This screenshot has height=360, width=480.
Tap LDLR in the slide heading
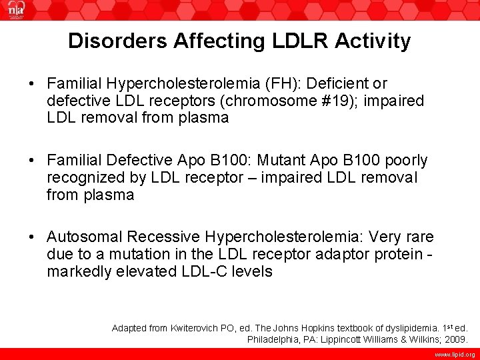pos(293,41)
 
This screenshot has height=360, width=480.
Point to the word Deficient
pos(336,84)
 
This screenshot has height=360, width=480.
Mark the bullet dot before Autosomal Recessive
pos(31,237)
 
